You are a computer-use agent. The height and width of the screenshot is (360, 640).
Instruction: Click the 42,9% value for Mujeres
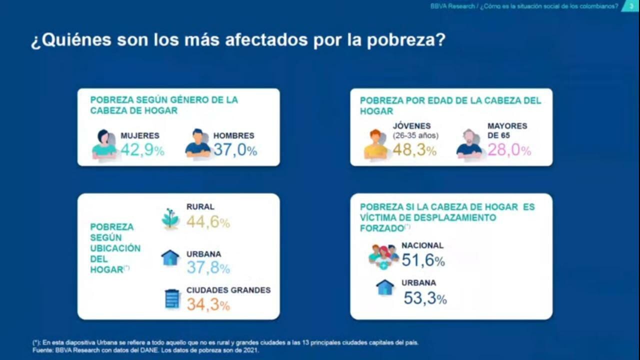click(x=142, y=150)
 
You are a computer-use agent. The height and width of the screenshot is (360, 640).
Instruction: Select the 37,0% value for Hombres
click(x=235, y=150)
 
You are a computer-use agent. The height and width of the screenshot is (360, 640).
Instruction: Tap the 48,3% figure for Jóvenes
click(x=414, y=149)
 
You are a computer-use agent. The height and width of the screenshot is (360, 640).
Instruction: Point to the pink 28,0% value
click(x=509, y=149)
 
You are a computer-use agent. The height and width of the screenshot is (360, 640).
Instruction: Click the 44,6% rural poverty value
click(x=208, y=221)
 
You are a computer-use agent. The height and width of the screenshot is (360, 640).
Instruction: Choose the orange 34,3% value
click(x=208, y=304)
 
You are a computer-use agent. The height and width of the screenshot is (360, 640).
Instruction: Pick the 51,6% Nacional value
click(x=423, y=260)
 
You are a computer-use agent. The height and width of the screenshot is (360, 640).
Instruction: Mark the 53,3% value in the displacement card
click(x=425, y=298)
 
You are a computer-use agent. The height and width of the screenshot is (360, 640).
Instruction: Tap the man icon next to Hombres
click(x=198, y=143)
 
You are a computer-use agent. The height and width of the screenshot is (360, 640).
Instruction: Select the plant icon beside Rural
click(x=170, y=219)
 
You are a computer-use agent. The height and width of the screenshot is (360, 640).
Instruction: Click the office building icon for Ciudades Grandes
click(x=172, y=298)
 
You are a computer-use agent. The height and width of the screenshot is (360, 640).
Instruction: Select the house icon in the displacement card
click(x=384, y=287)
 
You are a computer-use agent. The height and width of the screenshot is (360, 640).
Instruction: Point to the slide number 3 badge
click(x=630, y=6)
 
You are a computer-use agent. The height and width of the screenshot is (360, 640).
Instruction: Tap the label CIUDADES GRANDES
click(x=228, y=290)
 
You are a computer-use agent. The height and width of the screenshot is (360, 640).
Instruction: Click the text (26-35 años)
click(x=415, y=135)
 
